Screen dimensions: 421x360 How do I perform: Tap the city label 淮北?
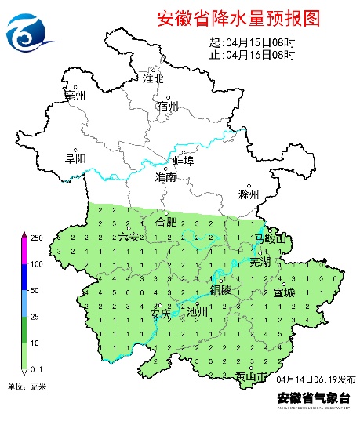click(153, 78)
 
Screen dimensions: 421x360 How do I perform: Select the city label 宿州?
click(168, 107)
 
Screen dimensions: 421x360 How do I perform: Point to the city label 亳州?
click(75, 96)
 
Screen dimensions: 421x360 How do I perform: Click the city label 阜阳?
click(75, 158)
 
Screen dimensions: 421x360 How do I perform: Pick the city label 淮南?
click(165, 178)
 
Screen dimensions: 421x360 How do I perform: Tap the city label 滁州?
click(248, 194)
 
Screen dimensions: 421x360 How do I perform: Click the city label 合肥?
click(166, 222)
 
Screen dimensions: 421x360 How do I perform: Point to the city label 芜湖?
click(260, 262)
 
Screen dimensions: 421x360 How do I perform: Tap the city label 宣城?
click(284, 292)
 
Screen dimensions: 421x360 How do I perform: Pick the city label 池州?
click(198, 312)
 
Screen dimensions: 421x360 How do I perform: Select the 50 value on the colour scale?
click(35, 291)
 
